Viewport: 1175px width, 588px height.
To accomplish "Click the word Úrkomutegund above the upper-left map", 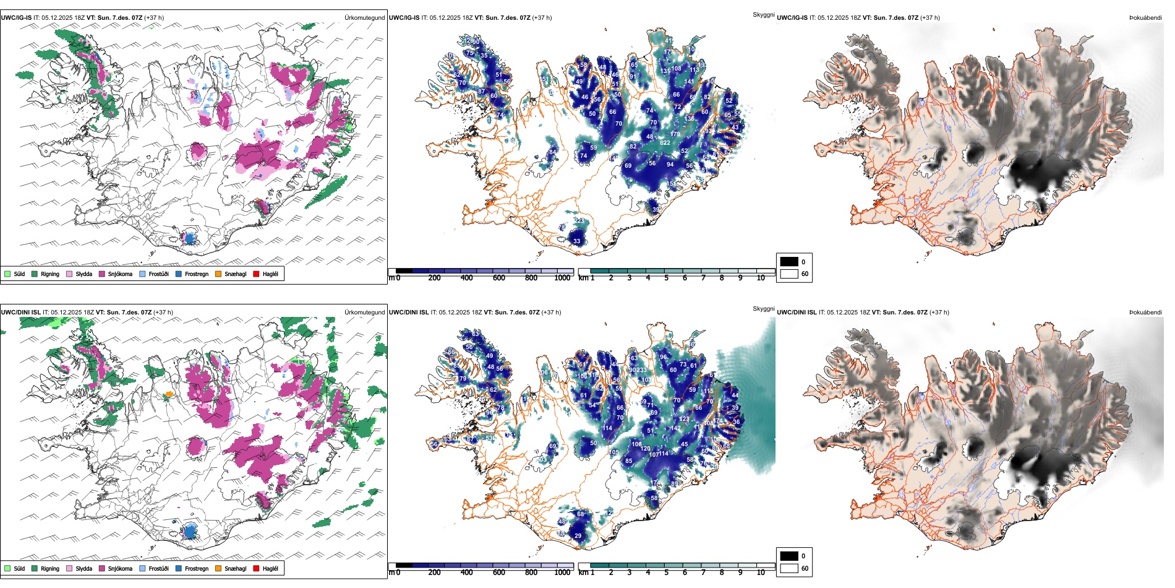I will tap(364, 18).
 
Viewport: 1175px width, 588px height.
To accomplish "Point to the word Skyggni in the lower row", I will tap(763, 308).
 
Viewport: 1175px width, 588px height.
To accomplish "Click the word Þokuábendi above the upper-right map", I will tap(1145, 18).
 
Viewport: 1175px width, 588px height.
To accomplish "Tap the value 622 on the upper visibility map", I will tap(665, 143).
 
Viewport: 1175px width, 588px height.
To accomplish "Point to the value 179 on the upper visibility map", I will tap(675, 134).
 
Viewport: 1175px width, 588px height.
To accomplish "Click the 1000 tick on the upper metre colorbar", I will tap(562, 278).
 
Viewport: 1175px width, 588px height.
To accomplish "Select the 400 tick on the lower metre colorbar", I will tap(466, 573).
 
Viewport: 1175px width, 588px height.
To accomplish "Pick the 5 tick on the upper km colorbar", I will tap(666, 278).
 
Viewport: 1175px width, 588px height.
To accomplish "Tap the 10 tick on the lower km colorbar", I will tap(761, 573).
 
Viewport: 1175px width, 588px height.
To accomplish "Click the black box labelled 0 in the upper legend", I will tap(789, 262).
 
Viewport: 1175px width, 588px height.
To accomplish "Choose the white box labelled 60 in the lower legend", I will tap(789, 568).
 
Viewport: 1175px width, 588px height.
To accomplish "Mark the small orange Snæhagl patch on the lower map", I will tap(169, 394).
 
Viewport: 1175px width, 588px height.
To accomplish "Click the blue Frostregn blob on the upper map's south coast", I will tap(189, 238).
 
